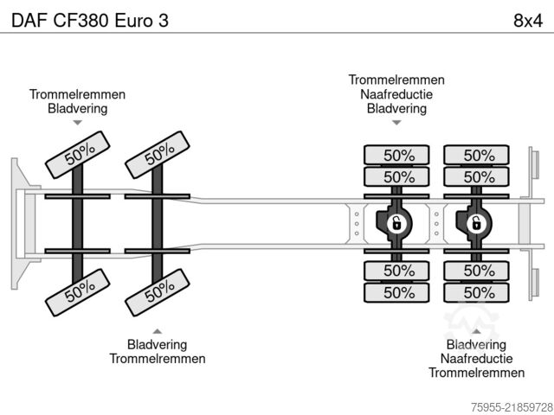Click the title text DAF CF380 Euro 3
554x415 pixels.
(90, 21)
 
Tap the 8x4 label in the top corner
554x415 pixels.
(528, 21)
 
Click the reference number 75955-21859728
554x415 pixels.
(512, 407)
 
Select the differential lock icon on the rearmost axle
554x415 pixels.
(476, 224)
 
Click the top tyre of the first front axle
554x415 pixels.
(78, 155)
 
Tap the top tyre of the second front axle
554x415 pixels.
(158, 155)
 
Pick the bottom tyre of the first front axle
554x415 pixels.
(78, 292)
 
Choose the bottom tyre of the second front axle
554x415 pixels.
(158, 292)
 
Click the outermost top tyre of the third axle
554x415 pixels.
(396, 155)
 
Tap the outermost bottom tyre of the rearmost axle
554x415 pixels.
(476, 292)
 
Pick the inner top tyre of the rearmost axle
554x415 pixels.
(476, 176)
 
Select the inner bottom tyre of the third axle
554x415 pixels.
(396, 271)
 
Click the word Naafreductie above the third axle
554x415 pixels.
(396, 94)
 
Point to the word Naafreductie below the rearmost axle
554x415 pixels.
(477, 359)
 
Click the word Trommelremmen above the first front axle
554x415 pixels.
(77, 94)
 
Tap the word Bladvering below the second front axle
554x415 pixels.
(158, 344)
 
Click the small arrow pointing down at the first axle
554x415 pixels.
(78, 123)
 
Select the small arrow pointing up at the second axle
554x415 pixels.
(158, 331)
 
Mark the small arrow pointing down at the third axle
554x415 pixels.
(396, 123)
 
